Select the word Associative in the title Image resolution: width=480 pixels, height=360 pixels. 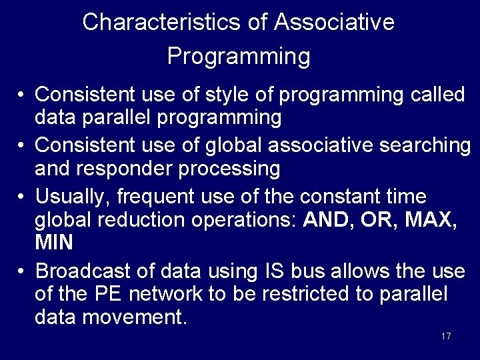(x=334, y=23)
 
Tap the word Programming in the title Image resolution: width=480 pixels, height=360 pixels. (x=239, y=56)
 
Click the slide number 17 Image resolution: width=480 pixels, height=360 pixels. (x=446, y=336)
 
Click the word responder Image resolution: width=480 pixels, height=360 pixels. (x=121, y=169)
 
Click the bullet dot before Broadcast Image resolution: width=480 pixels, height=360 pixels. (x=22, y=272)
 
